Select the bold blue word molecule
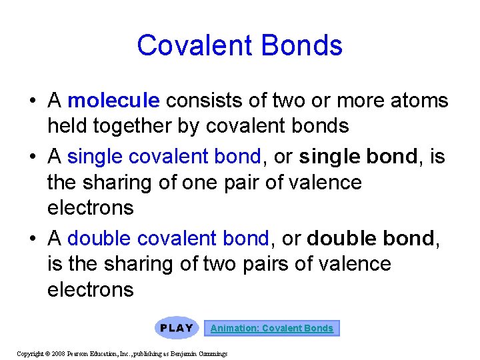pos(114,101)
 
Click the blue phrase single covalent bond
pos(164,157)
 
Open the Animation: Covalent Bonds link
pos(272,328)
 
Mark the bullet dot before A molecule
pos(32,101)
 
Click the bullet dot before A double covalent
pos(32,238)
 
